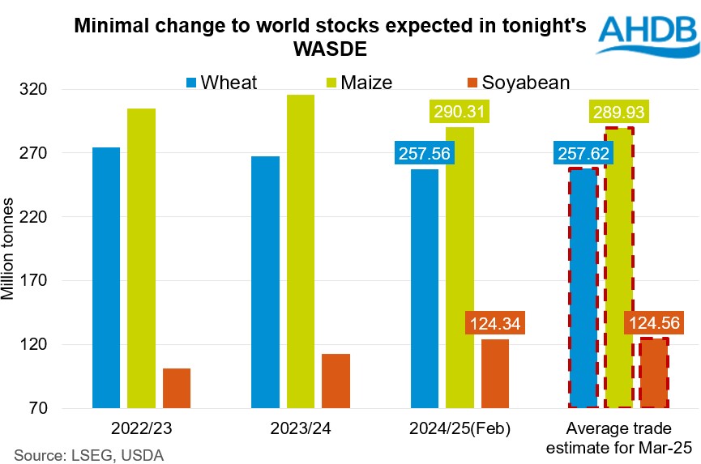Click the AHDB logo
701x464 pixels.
tap(646, 34)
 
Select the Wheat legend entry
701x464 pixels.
tap(221, 82)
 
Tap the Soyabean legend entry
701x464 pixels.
tap(515, 82)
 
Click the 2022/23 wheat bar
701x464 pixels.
tap(106, 277)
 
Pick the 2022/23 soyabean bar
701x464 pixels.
tap(177, 388)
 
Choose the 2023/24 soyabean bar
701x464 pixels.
tap(336, 381)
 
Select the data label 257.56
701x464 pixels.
tap(422, 153)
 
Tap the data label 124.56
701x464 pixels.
tap(652, 323)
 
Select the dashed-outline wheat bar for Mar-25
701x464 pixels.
tap(583, 287)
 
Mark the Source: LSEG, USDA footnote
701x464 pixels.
tap(87, 454)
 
